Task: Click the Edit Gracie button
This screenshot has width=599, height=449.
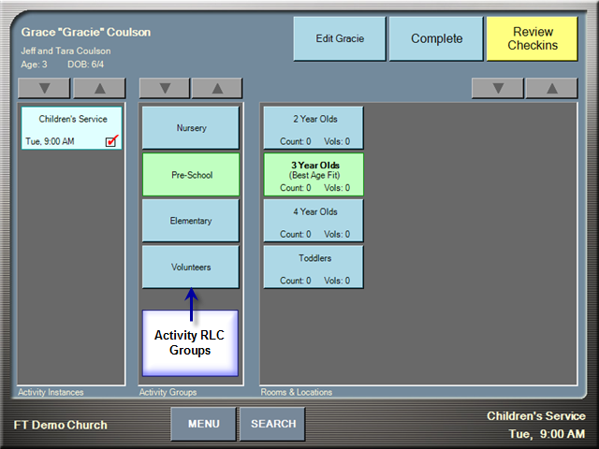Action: pos(340,38)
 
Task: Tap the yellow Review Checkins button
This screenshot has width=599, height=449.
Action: pos(533,38)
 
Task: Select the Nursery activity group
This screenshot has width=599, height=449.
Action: pos(191,128)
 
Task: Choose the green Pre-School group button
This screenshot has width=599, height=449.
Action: pos(191,175)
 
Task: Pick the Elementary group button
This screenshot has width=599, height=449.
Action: pos(191,221)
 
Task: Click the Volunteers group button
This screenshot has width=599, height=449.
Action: pos(191,267)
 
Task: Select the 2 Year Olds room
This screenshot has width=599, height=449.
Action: pos(314,128)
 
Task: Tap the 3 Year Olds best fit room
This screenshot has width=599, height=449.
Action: pos(314,175)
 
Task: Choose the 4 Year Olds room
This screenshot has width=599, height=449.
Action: pos(314,221)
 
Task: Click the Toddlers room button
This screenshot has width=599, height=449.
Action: pos(314,267)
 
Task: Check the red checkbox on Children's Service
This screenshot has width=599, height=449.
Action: pos(111,141)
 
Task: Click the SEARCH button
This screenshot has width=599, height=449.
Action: pos(272,424)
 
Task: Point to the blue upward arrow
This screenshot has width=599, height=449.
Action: pos(191,304)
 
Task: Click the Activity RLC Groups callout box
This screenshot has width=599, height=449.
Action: pos(190,343)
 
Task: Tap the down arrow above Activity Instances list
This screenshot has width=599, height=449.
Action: pos(44,89)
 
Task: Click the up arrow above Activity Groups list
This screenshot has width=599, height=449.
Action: pos(217,89)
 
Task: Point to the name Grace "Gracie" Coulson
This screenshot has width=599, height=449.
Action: pos(86,32)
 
